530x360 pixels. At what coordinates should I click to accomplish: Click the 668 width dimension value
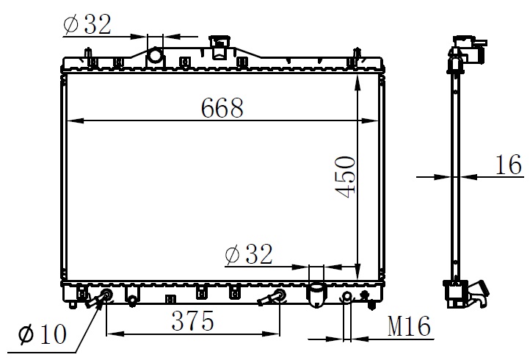(222, 108)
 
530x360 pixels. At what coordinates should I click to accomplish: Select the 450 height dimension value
(346, 176)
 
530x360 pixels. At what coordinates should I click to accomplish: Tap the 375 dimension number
(192, 320)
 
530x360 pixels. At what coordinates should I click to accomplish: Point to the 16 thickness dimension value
(509, 165)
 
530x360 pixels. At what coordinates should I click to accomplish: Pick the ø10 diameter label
(43, 334)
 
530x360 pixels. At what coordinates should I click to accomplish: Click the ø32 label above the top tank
(87, 24)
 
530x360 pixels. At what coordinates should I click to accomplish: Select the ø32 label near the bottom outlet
(249, 253)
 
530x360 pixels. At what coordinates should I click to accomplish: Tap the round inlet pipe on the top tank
(155, 56)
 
